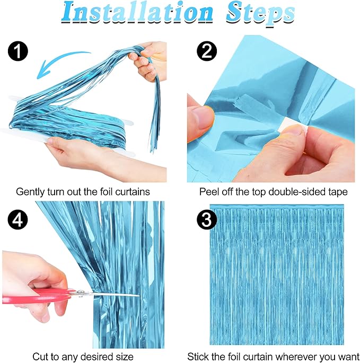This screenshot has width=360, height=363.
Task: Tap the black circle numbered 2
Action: [x=206, y=51]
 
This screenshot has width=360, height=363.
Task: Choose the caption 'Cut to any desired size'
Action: [x=83, y=356]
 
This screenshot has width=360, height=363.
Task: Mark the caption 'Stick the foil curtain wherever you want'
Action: [x=273, y=356]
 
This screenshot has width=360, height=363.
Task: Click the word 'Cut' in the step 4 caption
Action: [x=40, y=356]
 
